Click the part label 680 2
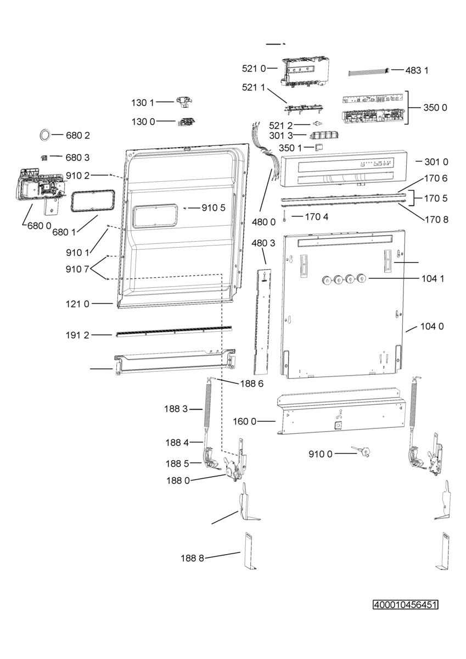click(77, 135)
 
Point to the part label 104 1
click(433, 278)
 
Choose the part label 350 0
click(435, 108)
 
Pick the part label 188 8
click(192, 558)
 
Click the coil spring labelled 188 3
click(209, 404)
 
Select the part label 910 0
click(321, 454)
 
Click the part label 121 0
click(77, 304)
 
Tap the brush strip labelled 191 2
click(174, 331)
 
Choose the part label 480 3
click(263, 243)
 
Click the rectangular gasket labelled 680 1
click(92, 200)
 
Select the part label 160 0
click(245, 422)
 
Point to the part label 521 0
click(254, 69)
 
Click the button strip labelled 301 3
click(324, 135)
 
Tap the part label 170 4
click(317, 217)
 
